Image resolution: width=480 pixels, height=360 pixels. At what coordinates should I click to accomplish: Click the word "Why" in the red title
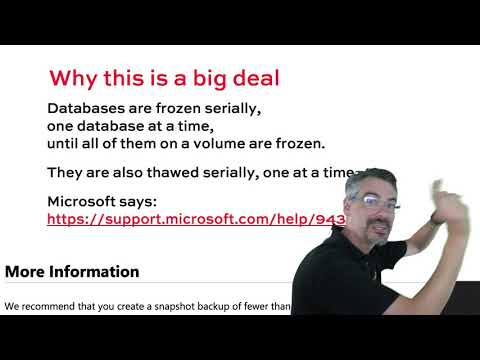coord(72,78)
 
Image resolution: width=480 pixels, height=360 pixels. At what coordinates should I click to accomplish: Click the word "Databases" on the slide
coord(88,109)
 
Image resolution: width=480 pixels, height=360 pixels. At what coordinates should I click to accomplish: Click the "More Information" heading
coord(72,271)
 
